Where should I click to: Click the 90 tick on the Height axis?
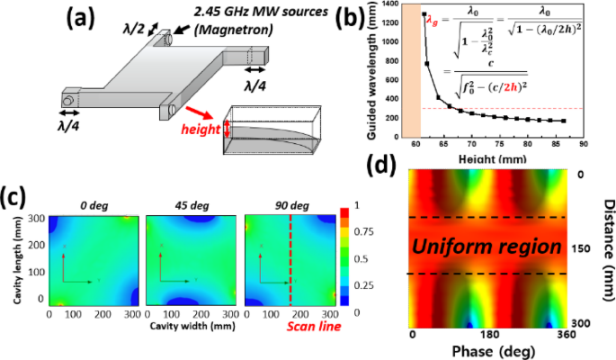coord(584,143)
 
